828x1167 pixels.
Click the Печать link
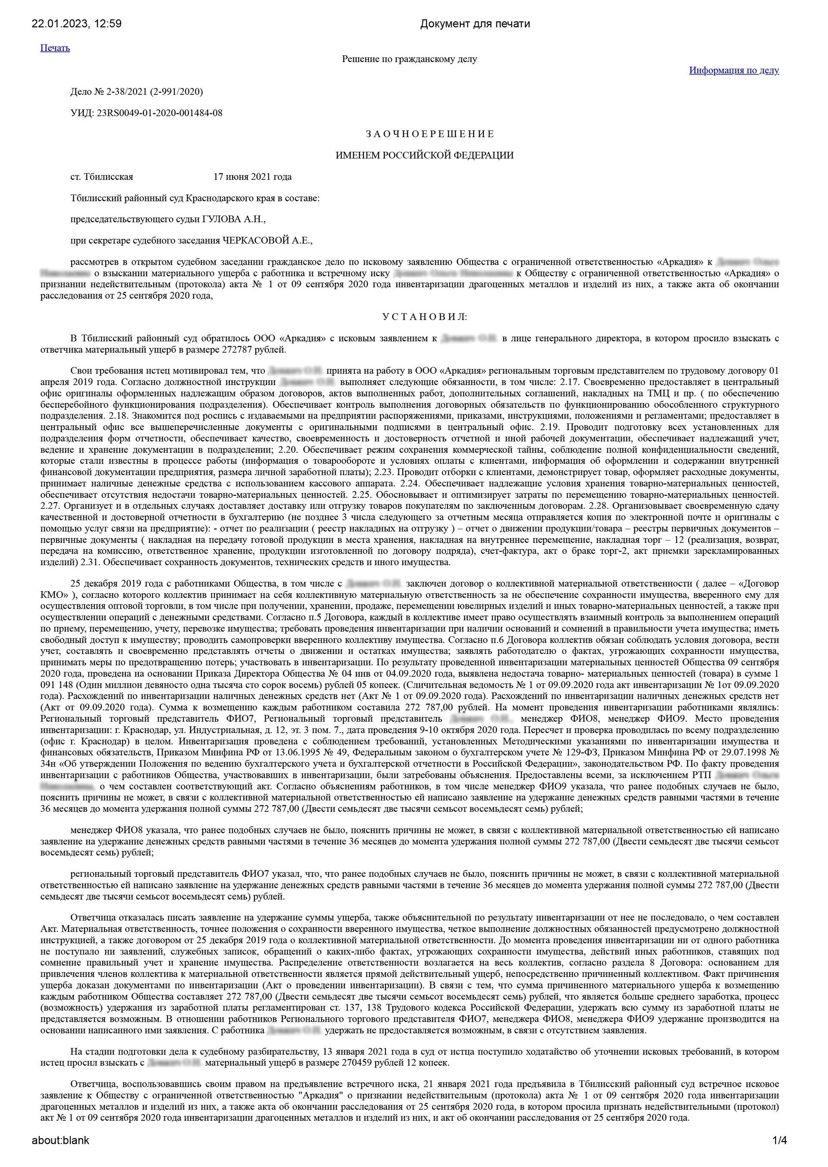[55, 48]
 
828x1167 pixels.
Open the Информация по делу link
[734, 70]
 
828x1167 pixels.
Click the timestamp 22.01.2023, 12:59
[76, 23]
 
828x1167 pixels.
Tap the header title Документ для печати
[475, 23]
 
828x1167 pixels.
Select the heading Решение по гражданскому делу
[409, 59]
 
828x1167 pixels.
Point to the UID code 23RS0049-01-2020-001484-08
[160, 113]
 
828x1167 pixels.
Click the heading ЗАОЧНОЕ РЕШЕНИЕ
[430, 134]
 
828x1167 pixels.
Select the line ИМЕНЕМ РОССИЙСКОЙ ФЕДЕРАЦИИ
[424, 156]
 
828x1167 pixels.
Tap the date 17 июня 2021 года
[252, 177]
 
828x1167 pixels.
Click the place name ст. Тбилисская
[102, 177]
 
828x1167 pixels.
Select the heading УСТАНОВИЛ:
[424, 317]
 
